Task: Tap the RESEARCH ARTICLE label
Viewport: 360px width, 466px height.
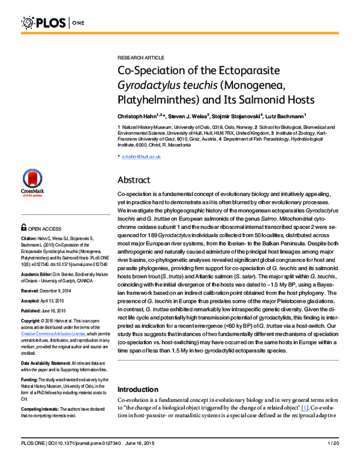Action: coord(138,54)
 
